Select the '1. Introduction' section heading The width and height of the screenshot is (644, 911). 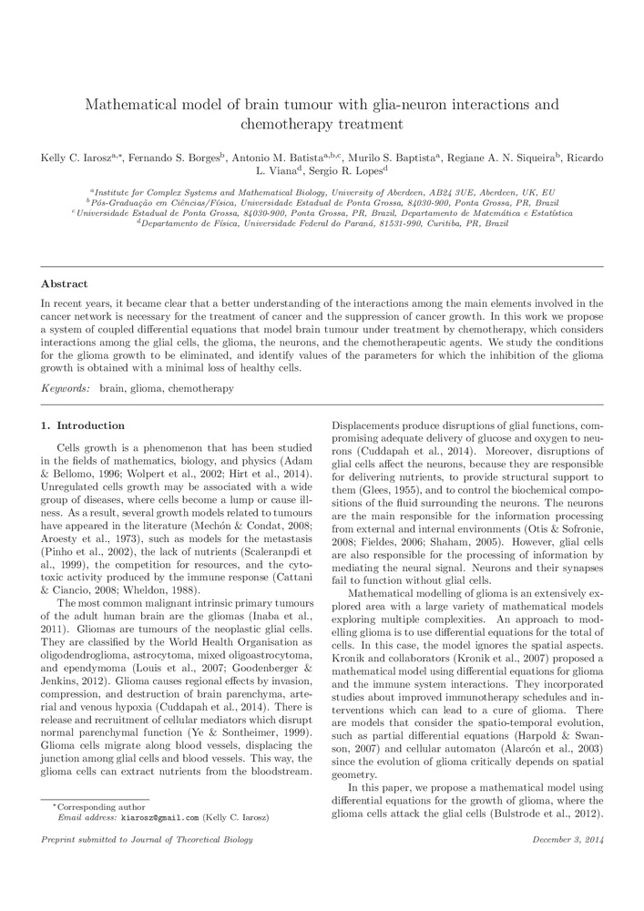click(x=84, y=425)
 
